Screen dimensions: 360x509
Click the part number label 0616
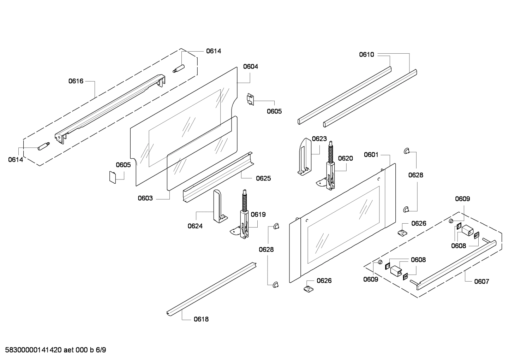click(76, 81)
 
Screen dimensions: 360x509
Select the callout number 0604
click(250, 66)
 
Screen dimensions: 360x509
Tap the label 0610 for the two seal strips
click(366, 54)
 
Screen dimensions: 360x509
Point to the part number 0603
click(145, 198)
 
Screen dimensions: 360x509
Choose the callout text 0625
click(263, 178)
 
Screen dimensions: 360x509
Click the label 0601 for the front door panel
click(371, 154)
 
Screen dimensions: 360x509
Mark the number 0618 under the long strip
click(201, 319)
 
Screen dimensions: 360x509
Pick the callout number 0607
click(481, 282)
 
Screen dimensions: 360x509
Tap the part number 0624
click(195, 226)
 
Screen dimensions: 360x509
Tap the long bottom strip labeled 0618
click(212, 288)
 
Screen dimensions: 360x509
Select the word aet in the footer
click(69, 350)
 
